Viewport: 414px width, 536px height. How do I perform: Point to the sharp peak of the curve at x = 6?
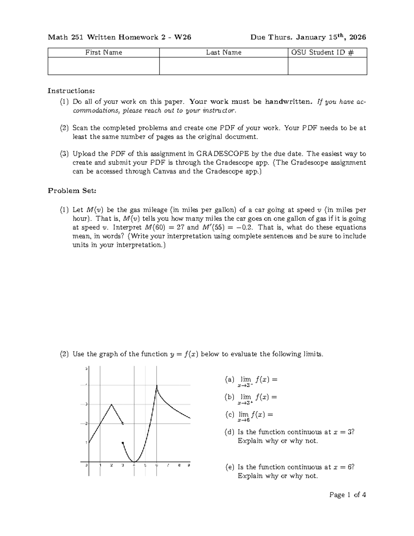(x=157, y=386)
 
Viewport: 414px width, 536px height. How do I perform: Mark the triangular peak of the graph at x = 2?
(x=111, y=404)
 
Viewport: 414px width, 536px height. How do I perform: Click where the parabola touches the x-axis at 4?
(x=134, y=461)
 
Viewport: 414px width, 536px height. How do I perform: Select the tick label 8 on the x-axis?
(x=179, y=465)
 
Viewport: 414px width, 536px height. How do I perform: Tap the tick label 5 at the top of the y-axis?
(x=86, y=369)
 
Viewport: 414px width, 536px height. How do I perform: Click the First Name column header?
(x=103, y=52)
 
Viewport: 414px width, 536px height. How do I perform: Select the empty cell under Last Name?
(x=224, y=66)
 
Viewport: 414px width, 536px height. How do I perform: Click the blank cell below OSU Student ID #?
(x=327, y=66)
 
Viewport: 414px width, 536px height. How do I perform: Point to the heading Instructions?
(x=71, y=91)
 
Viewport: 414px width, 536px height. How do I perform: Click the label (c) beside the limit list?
(x=229, y=415)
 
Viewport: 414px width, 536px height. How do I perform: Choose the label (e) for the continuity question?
(x=229, y=467)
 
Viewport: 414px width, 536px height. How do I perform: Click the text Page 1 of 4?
(x=347, y=495)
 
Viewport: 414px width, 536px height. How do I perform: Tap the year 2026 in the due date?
(x=358, y=37)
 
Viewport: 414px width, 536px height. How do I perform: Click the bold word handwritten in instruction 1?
(x=288, y=102)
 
